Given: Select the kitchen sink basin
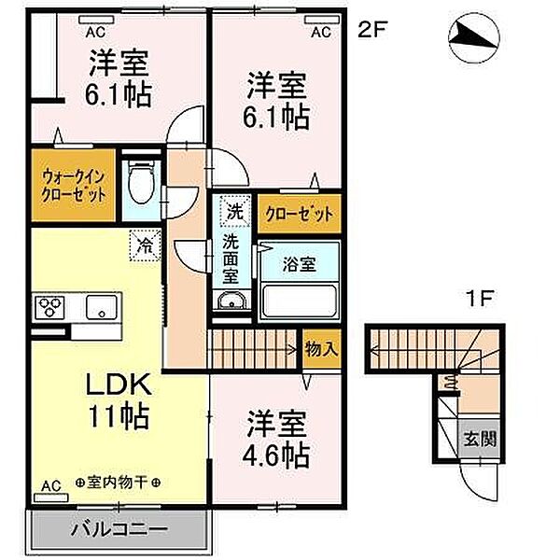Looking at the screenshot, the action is pos(102,306).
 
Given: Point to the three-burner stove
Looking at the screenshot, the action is pos(49,307).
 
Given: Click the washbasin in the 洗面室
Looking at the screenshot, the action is pos(231,301).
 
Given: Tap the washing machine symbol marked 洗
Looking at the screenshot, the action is pos(235,211).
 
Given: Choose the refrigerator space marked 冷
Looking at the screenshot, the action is pos(145,245).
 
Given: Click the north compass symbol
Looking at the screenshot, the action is pos(474,38).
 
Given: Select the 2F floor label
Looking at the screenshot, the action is pos(372,30).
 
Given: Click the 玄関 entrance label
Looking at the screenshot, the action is pos(480,439).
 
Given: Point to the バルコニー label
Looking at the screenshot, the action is pos(119,529).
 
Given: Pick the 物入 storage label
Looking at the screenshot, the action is pos(321,348).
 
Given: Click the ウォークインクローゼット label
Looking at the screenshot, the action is pos(73,186).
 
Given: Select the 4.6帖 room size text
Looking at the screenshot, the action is pos(275,455).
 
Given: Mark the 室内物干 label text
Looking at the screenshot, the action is pos(118,483).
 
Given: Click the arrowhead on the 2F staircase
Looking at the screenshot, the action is pos(293,349).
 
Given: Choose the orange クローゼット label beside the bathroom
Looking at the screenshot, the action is pos(299,214).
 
